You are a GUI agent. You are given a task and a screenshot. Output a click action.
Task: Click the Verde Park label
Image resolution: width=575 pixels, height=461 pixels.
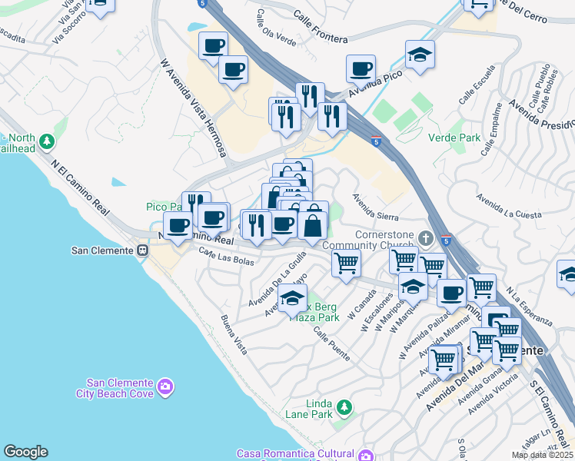459,138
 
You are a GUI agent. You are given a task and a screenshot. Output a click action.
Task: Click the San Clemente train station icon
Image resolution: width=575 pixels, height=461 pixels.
142,250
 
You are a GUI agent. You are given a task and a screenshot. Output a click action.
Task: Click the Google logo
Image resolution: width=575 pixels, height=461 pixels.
25,452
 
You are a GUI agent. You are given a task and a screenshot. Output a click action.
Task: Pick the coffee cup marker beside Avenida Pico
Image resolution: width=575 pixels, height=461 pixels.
361,68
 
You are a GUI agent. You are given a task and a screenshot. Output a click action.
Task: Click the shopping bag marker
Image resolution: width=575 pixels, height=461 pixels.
313,225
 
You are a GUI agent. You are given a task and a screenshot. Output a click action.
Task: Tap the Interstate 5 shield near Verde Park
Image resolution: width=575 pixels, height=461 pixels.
375,142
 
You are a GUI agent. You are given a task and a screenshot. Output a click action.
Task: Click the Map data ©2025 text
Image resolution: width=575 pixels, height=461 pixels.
541,455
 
